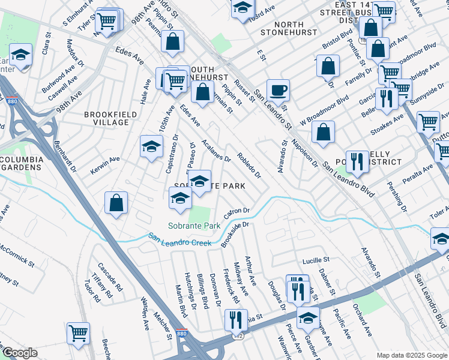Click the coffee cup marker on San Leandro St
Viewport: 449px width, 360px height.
tap(278, 91)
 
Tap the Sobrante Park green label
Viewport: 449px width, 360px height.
tap(186, 226)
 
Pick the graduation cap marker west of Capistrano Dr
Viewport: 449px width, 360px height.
tap(152, 146)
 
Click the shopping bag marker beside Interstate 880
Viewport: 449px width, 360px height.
tap(116, 203)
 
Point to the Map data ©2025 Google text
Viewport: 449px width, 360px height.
tap(411, 355)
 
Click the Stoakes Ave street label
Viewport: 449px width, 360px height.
tap(387, 126)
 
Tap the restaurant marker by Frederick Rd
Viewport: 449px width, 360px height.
tap(236, 320)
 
